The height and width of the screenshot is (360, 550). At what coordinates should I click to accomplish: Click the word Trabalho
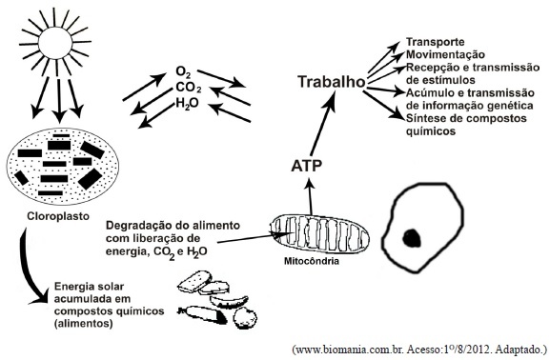[332, 82]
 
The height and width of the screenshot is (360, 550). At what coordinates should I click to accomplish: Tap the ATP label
[306, 166]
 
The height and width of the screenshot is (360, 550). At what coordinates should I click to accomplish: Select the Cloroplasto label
[58, 216]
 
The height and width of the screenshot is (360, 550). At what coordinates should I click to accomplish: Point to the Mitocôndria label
[312, 261]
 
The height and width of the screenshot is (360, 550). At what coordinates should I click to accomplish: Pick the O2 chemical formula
[183, 72]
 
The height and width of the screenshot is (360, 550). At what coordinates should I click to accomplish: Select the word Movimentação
[445, 54]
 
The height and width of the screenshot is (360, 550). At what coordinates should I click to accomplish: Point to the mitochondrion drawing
[319, 232]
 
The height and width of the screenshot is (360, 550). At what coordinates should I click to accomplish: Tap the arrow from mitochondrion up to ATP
[310, 196]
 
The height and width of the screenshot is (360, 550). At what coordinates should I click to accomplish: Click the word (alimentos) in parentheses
[84, 323]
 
